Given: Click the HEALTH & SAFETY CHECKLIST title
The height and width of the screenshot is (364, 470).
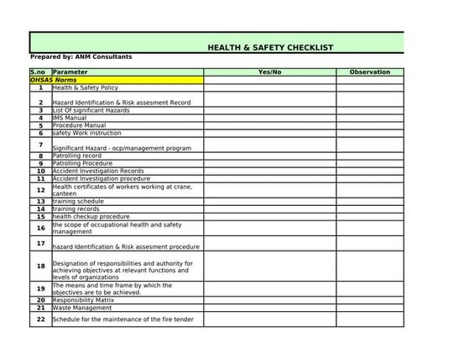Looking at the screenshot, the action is click(270, 48).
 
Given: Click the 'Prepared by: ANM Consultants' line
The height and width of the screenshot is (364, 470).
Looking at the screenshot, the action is click(81, 57).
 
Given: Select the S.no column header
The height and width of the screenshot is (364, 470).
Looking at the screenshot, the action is click(39, 72).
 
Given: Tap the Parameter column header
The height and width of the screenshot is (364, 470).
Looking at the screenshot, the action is click(70, 72).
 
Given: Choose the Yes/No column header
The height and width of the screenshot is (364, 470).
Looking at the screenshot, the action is click(269, 72).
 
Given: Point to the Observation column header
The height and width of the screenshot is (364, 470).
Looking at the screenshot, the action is click(369, 72).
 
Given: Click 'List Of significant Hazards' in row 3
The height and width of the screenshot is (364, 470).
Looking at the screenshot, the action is click(91, 110).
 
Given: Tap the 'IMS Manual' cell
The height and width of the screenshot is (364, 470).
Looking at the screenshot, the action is click(70, 118).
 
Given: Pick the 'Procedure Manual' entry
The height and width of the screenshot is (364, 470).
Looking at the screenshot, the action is click(80, 125).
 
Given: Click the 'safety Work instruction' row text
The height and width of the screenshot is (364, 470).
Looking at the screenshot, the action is click(86, 133).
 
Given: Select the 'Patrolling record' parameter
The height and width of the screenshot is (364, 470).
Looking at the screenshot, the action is click(77, 156).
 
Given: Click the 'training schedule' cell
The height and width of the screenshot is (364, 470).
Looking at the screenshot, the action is click(78, 202).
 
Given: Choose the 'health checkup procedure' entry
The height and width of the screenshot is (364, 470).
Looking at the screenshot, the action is click(91, 217).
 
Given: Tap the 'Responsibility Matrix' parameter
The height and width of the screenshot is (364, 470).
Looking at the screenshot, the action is click(83, 299).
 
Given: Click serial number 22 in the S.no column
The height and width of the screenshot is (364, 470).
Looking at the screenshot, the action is click(40, 319).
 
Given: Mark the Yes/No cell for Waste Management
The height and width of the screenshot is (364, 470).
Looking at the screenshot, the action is click(269, 308).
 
